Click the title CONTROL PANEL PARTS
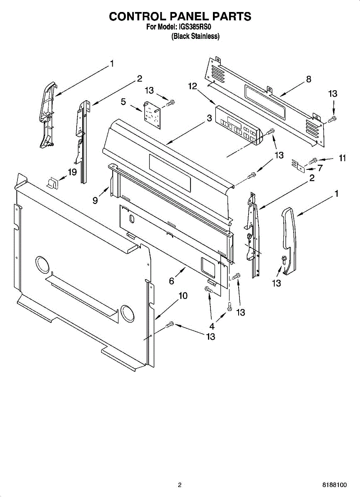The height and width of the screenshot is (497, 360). [x=180, y=16]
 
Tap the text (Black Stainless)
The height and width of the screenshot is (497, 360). [x=196, y=36]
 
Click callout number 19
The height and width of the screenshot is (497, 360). [x=72, y=172]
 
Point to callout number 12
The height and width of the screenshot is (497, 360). [x=192, y=86]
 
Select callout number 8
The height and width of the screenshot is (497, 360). [x=309, y=80]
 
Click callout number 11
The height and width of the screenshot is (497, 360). [x=342, y=158]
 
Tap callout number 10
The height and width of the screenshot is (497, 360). [x=183, y=296]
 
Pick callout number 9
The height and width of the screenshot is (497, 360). [x=95, y=200]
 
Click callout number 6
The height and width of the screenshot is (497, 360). [x=172, y=281]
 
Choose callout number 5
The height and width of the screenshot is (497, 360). [x=123, y=101]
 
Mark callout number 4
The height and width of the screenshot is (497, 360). [x=212, y=326]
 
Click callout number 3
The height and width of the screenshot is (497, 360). [x=210, y=118]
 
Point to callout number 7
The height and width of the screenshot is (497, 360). [x=320, y=168]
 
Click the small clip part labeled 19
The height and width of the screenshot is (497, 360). [x=52, y=182]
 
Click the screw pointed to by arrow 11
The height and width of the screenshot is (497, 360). [x=313, y=159]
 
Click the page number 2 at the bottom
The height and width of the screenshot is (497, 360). [x=180, y=485]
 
